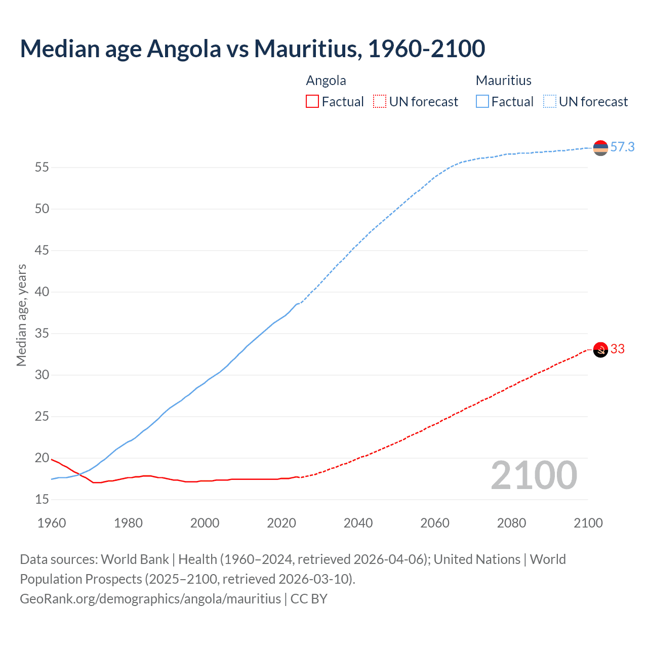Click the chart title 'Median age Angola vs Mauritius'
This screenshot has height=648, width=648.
click(252, 49)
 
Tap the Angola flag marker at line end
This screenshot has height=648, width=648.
click(600, 349)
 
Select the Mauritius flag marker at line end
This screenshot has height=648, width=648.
click(600, 148)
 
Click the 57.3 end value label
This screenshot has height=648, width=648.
click(622, 147)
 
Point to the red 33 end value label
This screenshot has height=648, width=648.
click(617, 349)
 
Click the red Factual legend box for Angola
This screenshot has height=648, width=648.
click(312, 102)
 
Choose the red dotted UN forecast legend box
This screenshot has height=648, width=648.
click(380, 102)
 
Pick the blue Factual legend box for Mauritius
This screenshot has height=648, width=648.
click(482, 102)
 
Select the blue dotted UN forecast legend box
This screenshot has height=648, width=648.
click(550, 102)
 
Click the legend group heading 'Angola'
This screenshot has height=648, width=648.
click(326, 80)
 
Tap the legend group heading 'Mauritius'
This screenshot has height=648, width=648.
click(503, 80)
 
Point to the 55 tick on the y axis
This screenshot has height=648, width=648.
click(42, 168)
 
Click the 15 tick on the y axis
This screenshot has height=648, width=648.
click(42, 500)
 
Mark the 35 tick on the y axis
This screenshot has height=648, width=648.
click(42, 334)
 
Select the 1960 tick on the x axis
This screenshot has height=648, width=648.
click(52, 523)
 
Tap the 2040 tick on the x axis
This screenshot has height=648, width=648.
click(358, 523)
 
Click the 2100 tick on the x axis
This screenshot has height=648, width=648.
click(588, 523)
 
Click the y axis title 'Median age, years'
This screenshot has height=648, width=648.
click(21, 315)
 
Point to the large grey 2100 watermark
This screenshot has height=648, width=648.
click(534, 475)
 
